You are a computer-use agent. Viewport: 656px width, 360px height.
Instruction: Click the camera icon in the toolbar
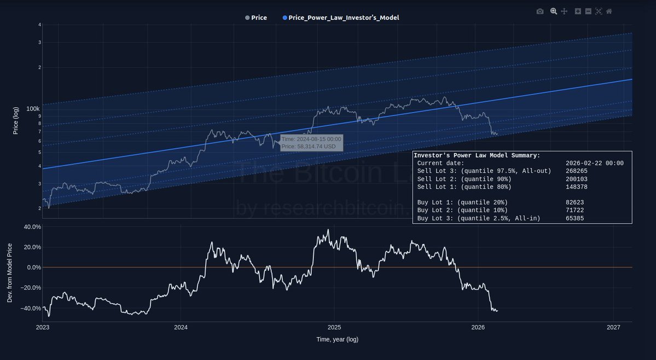pyautogui.click(x=540, y=11)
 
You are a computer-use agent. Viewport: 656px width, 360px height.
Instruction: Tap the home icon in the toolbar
pyautogui.click(x=609, y=11)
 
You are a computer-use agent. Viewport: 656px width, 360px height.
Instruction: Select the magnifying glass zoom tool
pyautogui.click(x=554, y=11)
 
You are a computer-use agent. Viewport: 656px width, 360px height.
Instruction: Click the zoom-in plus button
pyautogui.click(x=578, y=11)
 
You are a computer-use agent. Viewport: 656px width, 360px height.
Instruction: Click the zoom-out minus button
pyautogui.click(x=588, y=11)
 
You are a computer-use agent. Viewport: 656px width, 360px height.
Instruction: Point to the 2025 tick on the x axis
pyautogui.click(x=334, y=328)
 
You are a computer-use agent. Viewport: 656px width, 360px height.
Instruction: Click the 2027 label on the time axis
pyautogui.click(x=613, y=328)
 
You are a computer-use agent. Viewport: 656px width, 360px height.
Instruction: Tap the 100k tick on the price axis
pyautogui.click(x=33, y=108)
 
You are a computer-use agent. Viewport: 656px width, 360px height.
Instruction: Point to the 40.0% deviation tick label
pyautogui.click(x=32, y=227)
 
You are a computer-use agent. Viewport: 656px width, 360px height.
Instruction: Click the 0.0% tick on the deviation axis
pyautogui.click(x=33, y=268)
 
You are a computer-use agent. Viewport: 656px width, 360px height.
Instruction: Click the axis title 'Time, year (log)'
pyautogui.click(x=337, y=339)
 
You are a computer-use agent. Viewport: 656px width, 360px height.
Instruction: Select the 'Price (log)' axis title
pyautogui.click(x=16, y=120)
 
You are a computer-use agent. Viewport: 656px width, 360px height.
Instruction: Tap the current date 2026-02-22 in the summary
pyautogui.click(x=594, y=163)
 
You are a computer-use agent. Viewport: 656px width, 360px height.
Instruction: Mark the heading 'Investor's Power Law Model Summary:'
pyautogui.click(x=477, y=155)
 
